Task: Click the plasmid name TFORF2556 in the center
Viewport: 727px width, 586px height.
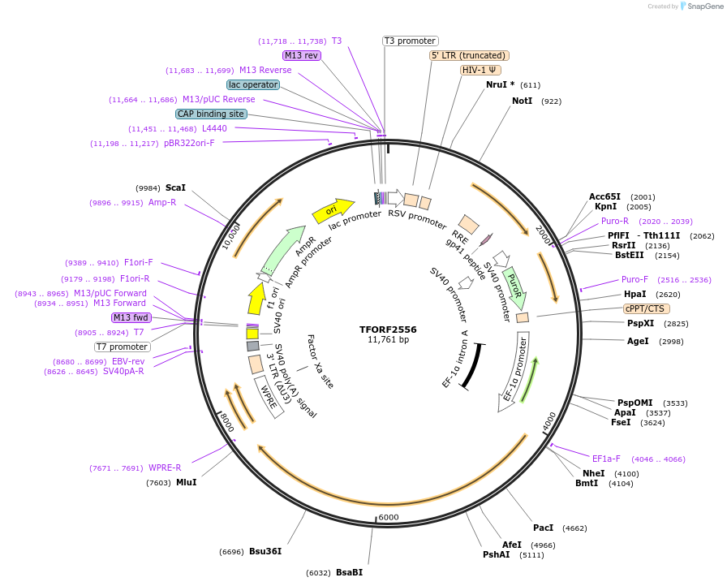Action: [x=388, y=330]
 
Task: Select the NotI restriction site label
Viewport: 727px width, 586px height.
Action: [x=522, y=101]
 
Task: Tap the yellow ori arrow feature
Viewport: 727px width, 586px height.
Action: [x=333, y=211]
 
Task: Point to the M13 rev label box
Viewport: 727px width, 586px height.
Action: [x=302, y=55]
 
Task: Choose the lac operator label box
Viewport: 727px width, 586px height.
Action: [x=253, y=84]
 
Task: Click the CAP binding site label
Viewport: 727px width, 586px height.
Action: [x=211, y=114]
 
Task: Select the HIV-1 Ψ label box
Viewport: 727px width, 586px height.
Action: [x=480, y=70]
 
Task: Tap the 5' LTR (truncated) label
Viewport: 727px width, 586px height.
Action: [x=469, y=55]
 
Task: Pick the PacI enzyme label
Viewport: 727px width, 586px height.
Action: [x=543, y=528]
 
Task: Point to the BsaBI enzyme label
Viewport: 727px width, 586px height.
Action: [x=349, y=572]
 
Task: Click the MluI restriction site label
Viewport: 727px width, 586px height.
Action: [x=186, y=482]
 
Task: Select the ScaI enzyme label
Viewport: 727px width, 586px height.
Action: [x=175, y=187]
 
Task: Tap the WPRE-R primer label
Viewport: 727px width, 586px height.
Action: [x=165, y=468]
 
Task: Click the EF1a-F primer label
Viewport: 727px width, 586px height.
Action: [x=606, y=459]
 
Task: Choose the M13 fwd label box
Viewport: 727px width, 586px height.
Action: [x=131, y=317]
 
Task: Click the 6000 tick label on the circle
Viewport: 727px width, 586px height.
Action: [x=389, y=517]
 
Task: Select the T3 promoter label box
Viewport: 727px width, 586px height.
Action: [x=410, y=41]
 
